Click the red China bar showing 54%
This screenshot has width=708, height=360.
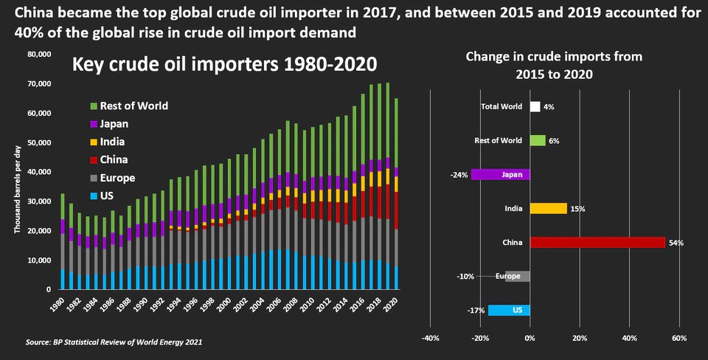pyautogui.click(x=597, y=243)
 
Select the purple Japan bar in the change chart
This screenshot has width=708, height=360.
pyautogui.click(x=500, y=175)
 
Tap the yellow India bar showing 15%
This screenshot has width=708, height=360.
pyautogui.click(x=548, y=209)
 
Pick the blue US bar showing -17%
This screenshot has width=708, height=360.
pyautogui.click(x=509, y=311)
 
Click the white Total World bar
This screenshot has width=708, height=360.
pyautogui.click(x=535, y=107)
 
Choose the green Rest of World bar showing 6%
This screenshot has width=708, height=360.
pyautogui.click(x=537, y=141)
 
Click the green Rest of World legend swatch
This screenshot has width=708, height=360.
pyautogui.click(x=93, y=105)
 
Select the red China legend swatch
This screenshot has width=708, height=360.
pyautogui.click(x=93, y=159)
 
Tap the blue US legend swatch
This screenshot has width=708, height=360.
pyautogui.click(x=93, y=195)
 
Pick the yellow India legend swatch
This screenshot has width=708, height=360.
pyautogui.click(x=93, y=142)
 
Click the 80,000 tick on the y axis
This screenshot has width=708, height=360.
pyautogui.click(x=38, y=55)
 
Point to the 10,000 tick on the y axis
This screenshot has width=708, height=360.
pyautogui.click(x=38, y=260)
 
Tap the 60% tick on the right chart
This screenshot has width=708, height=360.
pyautogui.click(x=679, y=339)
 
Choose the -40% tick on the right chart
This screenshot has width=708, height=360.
pyautogui.click(x=430, y=339)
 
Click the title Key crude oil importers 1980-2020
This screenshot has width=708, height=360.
pyautogui.click(x=224, y=65)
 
